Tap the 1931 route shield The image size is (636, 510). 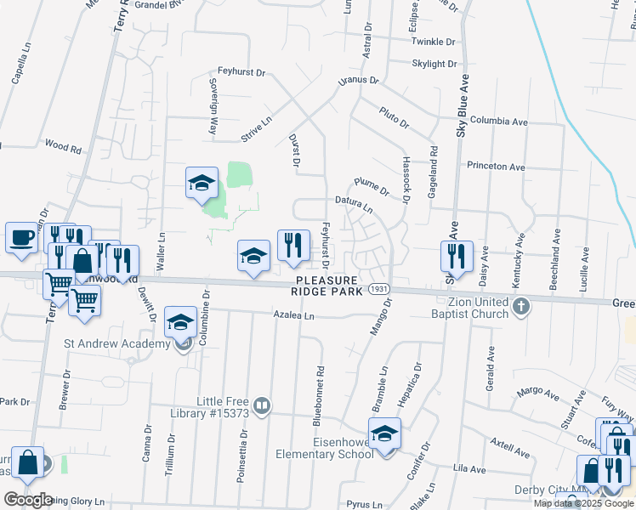coord(379,290)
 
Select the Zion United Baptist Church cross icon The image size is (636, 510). coord(521,305)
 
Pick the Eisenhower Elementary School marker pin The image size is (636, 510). coord(384,434)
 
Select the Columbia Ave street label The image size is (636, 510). coord(499,122)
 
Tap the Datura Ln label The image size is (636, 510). coord(355,204)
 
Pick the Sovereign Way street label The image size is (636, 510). coord(213,107)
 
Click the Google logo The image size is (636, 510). coord(29,500)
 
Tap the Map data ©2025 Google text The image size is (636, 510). coord(582,503)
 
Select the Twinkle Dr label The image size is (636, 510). coord(433,42)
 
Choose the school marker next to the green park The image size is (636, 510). coord(202,183)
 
